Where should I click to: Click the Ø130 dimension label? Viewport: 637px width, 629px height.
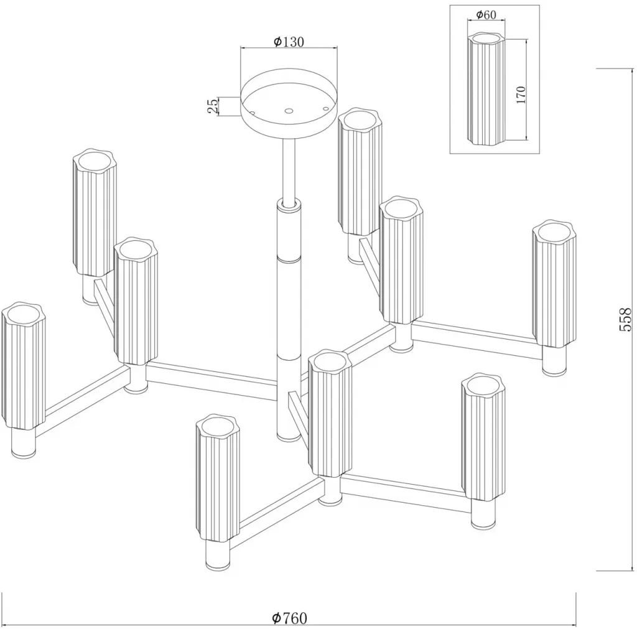coord(289,42)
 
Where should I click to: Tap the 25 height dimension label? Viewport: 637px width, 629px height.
coord(213,106)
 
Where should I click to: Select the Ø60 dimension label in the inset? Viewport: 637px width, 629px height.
coord(486,15)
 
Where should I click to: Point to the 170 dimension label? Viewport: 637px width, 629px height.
coord(521,95)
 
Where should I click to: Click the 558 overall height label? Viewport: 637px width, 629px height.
coord(626,319)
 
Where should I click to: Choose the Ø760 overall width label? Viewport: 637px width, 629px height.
coord(290,618)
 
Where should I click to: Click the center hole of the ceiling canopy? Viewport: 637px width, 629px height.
coord(289,111)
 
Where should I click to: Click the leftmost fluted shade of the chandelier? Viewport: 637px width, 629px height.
coord(23,366)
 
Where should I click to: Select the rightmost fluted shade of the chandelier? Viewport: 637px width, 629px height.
coord(554,284)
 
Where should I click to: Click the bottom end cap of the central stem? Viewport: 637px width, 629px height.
coord(288,437)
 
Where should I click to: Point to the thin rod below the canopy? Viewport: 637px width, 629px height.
coord(289,169)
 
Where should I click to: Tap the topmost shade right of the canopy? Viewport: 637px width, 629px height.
coord(360,172)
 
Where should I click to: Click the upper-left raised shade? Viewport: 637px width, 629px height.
coord(95,213)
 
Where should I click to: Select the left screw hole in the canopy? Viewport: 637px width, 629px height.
coord(252,113)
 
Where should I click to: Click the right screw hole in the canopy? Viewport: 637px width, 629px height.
coord(325,108)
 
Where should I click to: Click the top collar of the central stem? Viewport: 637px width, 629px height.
coord(288,203)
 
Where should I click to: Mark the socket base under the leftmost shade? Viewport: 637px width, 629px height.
coord(23,444)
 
